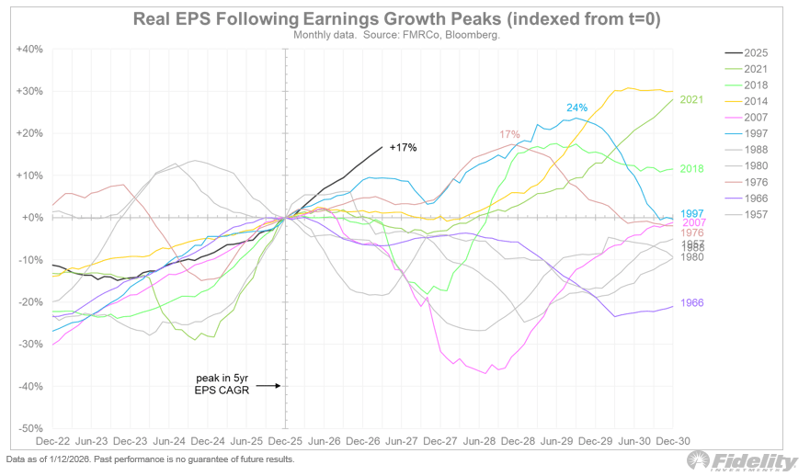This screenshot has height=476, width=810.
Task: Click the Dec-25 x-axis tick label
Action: pyautogui.click(x=286, y=441)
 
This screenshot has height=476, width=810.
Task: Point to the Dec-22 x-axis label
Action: pyautogui.click(x=54, y=441)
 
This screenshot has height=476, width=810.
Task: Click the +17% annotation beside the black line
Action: pyautogui.click(x=403, y=147)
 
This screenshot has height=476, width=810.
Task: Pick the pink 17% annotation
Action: pyautogui.click(x=509, y=134)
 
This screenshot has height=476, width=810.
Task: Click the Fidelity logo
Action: pyautogui.click(x=744, y=461)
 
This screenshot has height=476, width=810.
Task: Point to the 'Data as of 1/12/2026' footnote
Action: pyautogui.click(x=150, y=459)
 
